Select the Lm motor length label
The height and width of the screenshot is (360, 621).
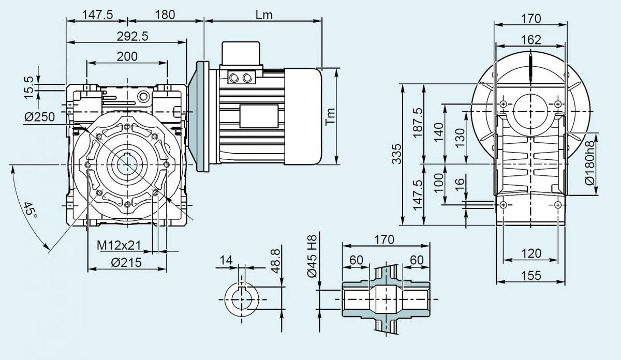pyautogui.click(x=263, y=14)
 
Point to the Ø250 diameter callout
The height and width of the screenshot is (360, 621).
pyautogui.click(x=39, y=117)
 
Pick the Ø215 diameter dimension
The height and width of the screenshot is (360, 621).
pyautogui.click(x=127, y=263)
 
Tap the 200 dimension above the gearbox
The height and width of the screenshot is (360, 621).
pyautogui.click(x=127, y=56)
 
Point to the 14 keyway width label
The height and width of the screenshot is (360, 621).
pyautogui.click(x=226, y=260)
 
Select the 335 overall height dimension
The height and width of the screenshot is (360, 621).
pyautogui.click(x=396, y=154)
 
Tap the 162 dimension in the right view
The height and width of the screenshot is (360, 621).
pyautogui.click(x=530, y=40)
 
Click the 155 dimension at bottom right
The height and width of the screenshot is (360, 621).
pyautogui.click(x=530, y=275)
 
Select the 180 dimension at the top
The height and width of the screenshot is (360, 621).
pyautogui.click(x=165, y=14)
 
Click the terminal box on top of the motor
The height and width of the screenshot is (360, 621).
pyautogui.click(x=241, y=54)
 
